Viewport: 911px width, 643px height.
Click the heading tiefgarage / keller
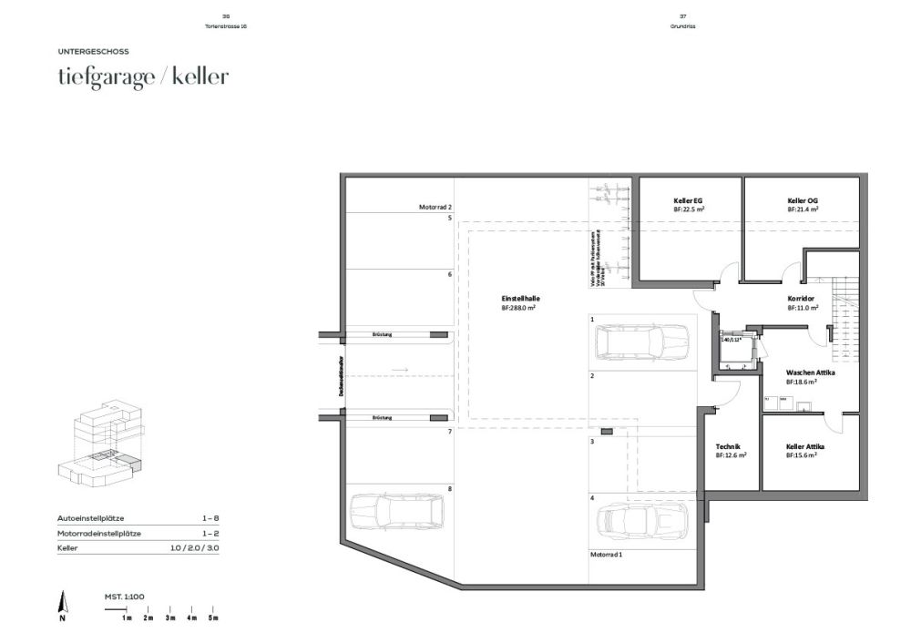(142, 77)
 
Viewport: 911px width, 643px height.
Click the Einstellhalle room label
(517, 303)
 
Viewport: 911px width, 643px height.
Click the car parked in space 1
(642, 343)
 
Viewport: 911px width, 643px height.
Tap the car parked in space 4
(641, 523)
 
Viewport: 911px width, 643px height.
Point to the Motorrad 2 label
(435, 208)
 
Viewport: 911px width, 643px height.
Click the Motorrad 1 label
(606, 554)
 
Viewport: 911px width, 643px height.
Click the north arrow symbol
(62, 603)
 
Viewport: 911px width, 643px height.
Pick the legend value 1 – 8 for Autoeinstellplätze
(210, 517)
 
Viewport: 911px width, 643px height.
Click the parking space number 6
(449, 274)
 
